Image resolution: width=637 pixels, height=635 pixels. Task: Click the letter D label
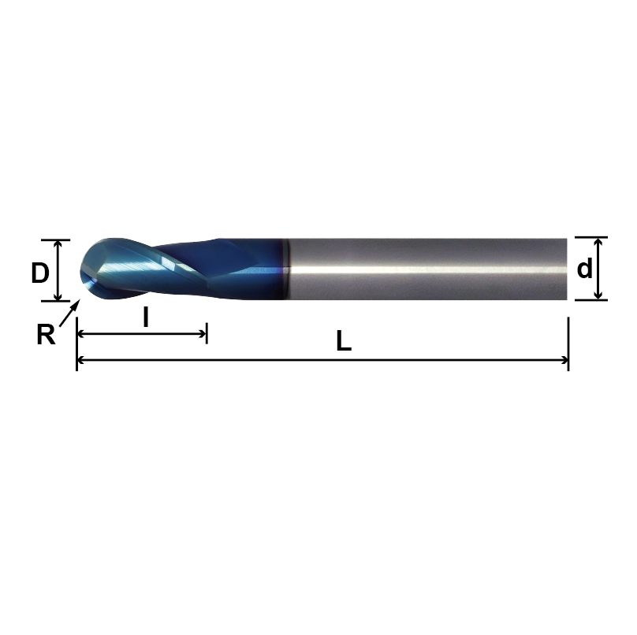(x=40, y=273)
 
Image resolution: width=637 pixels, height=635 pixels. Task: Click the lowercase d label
(x=584, y=269)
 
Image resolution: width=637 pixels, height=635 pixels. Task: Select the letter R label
(x=46, y=335)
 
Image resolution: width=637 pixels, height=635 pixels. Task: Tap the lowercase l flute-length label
(x=146, y=317)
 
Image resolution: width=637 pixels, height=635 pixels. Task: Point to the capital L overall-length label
(x=343, y=341)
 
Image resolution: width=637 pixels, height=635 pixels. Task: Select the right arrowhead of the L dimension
(x=564, y=361)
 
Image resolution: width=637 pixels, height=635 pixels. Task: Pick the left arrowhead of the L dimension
(x=81, y=361)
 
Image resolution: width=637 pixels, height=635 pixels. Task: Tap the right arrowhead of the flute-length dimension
(x=202, y=333)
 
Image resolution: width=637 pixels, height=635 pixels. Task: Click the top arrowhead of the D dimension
(x=58, y=244)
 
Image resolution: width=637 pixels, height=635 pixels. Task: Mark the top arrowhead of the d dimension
(x=598, y=242)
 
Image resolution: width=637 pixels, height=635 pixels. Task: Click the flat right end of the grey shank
(x=565, y=269)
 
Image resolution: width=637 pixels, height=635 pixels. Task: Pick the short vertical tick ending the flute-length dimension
(x=207, y=333)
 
